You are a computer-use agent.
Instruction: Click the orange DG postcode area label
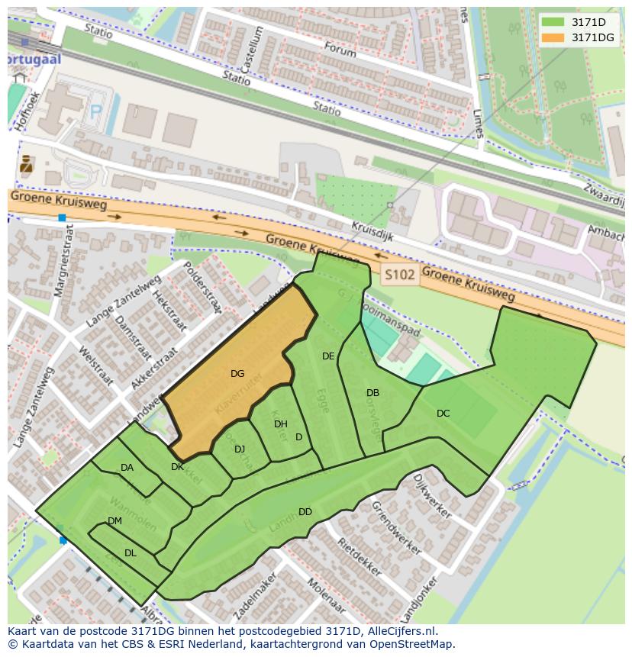(x=237, y=374)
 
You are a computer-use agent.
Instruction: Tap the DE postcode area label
(x=328, y=356)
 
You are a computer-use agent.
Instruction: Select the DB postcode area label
(x=372, y=393)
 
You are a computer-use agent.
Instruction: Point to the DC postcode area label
(x=443, y=414)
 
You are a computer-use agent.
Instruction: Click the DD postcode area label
(x=305, y=512)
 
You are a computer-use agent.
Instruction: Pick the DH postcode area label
(x=280, y=424)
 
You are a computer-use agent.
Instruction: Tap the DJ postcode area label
(x=240, y=449)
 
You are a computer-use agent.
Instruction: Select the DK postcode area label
(x=177, y=467)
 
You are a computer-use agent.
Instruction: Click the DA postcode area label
(x=127, y=468)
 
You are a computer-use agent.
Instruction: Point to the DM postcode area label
(x=114, y=521)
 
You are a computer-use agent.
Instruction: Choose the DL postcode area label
(x=130, y=553)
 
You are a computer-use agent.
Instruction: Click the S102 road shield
(x=401, y=275)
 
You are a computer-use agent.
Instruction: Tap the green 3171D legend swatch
(x=553, y=22)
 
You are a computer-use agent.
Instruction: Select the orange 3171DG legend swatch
(x=553, y=37)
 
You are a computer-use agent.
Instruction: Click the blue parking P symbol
(x=96, y=111)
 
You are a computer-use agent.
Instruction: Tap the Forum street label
(x=340, y=50)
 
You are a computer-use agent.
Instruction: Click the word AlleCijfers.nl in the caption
(x=399, y=631)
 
